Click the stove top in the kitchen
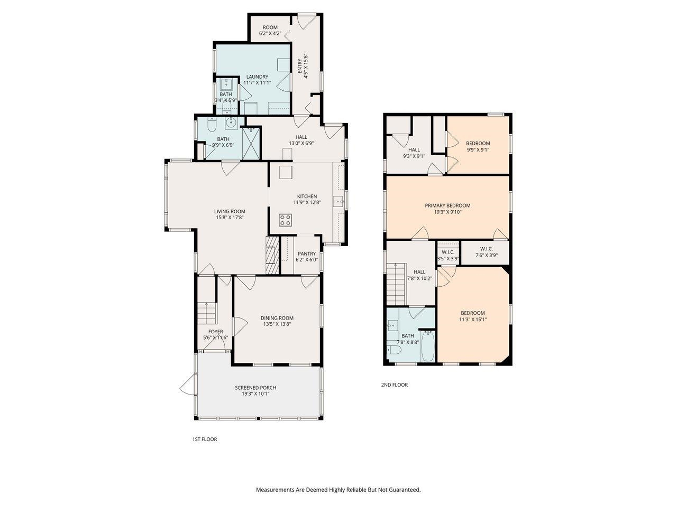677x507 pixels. coord(286,220)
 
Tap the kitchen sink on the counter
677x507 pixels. coord(338,201)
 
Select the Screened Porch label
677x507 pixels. coord(255,388)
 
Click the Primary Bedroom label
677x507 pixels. coord(447,205)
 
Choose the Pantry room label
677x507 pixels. coord(307,253)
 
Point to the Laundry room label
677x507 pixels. coord(257,77)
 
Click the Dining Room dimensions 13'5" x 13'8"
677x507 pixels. coord(277,324)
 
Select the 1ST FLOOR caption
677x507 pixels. coord(204,439)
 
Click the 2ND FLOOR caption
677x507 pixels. coord(394,385)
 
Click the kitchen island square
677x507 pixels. coord(286,173)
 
